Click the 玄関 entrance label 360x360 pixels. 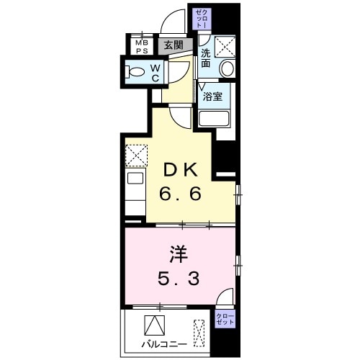click(x=173, y=45)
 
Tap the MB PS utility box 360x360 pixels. click(x=142, y=45)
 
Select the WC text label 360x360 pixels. click(x=154, y=71)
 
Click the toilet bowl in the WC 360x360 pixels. click(x=135, y=71)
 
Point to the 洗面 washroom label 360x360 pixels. click(x=206, y=58)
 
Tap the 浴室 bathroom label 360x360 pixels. click(x=213, y=96)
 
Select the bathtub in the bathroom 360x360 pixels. click(x=213, y=120)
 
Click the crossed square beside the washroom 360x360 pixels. click(x=225, y=47)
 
